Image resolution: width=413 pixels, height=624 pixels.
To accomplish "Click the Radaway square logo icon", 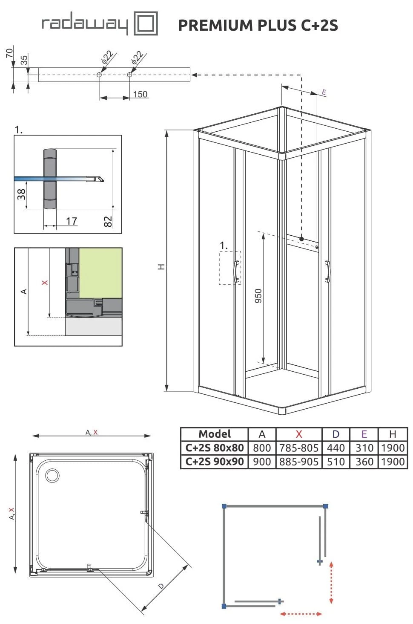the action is tap(146, 23).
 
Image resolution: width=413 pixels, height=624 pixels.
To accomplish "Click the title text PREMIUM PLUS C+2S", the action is tap(258, 25).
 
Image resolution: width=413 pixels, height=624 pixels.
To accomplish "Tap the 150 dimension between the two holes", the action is tap(140, 94).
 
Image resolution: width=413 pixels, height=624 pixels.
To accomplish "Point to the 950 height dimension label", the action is tap(258, 296).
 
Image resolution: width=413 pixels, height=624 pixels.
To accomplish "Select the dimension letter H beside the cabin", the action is tap(161, 266).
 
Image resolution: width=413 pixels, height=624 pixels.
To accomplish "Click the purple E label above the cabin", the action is tap(324, 92).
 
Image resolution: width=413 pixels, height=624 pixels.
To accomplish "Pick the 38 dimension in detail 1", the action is tap(21, 194).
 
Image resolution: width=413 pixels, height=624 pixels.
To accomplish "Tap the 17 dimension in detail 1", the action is tap(72, 221).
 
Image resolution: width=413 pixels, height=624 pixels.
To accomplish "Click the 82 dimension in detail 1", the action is tap(108, 222).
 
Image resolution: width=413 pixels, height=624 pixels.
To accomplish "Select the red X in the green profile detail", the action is tap(45, 283).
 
